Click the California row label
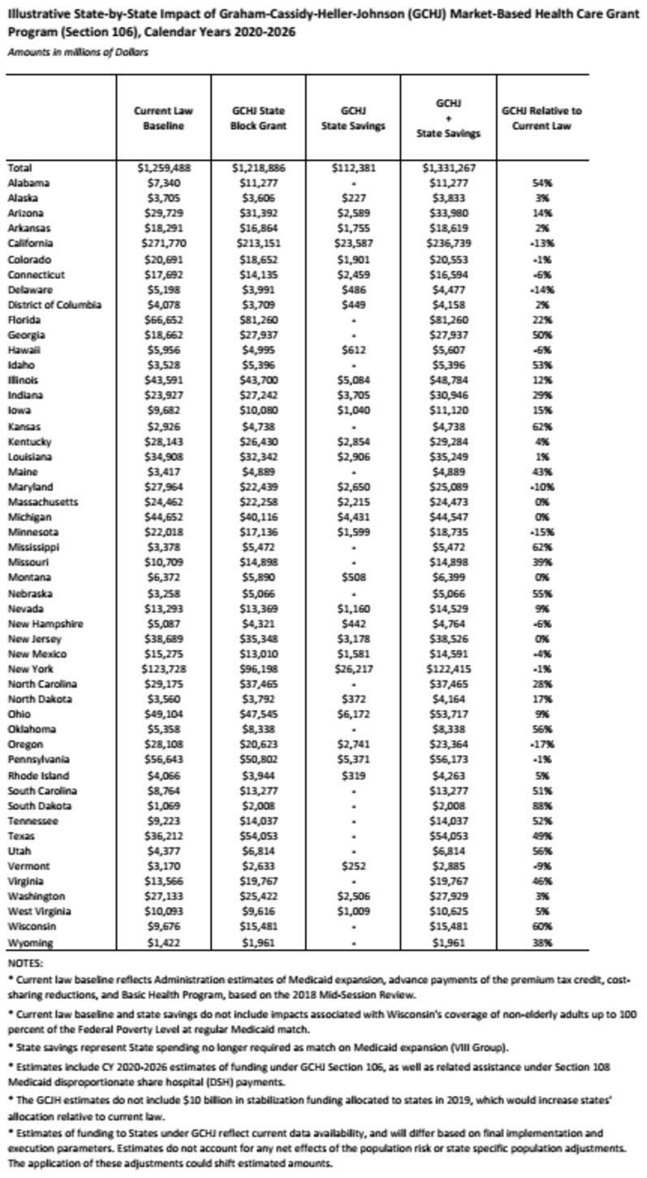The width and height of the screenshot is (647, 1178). pos(30,243)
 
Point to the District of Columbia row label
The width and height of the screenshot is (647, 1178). pos(54,305)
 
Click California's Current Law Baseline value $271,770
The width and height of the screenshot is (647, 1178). pos(163,243)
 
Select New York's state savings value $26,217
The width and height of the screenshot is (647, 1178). pos(353,669)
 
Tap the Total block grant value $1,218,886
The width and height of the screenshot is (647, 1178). pos(258,167)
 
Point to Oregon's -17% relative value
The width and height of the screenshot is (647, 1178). pos(541,744)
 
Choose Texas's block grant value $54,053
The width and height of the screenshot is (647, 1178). pos(258,852)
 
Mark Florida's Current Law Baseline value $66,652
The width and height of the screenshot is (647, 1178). pos(163,319)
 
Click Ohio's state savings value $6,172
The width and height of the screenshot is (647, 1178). pos(353,714)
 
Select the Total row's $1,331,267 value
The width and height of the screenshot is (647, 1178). pos(449,167)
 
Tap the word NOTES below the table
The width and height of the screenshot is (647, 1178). pos(24,959)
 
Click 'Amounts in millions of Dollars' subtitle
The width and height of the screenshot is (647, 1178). pos(78,52)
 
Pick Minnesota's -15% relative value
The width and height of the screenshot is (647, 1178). pos(541,532)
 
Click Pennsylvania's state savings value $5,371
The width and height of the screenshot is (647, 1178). pos(353,760)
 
